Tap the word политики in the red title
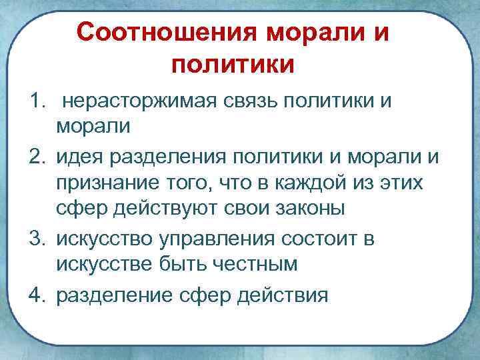click(233, 65)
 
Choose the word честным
click(269, 264)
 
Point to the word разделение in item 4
click(115, 293)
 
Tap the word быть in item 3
click(187, 264)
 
